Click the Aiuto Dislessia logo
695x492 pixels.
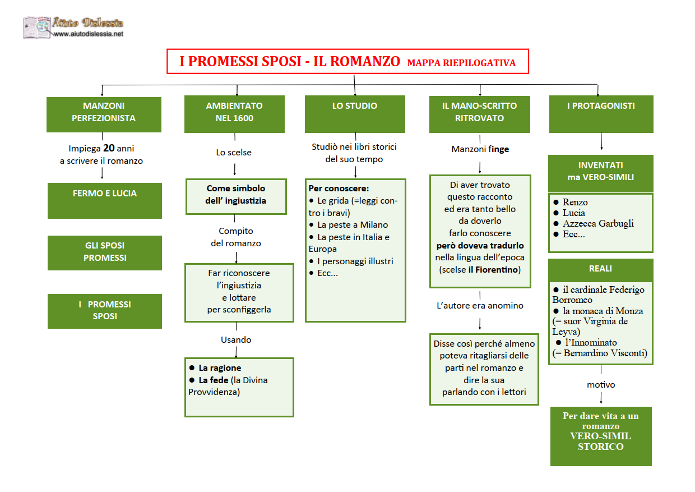[x=73, y=27]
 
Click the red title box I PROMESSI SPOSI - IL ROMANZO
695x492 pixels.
[x=347, y=61]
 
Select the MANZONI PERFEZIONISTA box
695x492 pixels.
[x=104, y=114]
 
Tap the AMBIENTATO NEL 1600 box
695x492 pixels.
[x=234, y=114]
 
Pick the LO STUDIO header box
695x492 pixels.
[x=355, y=114]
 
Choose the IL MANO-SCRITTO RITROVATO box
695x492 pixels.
[x=479, y=114]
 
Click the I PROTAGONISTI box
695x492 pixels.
[x=601, y=114]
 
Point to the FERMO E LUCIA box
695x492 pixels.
[x=105, y=201]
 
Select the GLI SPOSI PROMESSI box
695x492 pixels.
[x=105, y=253]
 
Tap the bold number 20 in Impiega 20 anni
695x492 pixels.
[x=109, y=148]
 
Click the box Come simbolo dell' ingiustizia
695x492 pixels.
[x=236, y=196]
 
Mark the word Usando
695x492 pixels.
[x=236, y=339]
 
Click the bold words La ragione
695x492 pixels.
[x=220, y=368]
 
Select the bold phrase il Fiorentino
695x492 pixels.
[x=493, y=269]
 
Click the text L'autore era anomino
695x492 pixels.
[x=480, y=305]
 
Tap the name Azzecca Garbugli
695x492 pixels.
[x=598, y=223]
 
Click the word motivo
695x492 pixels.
[x=601, y=384]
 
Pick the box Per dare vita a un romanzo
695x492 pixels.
[x=601, y=436]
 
